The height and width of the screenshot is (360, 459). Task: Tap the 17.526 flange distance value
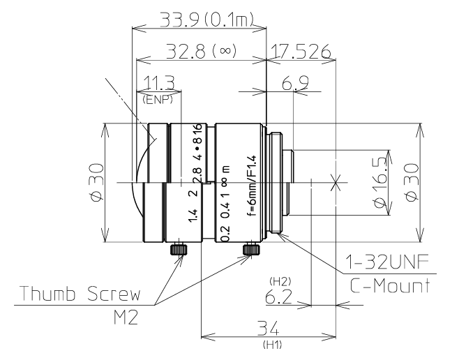pyautogui.click(x=302, y=52)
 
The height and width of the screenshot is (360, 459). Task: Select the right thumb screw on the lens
pyautogui.click(x=250, y=250)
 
